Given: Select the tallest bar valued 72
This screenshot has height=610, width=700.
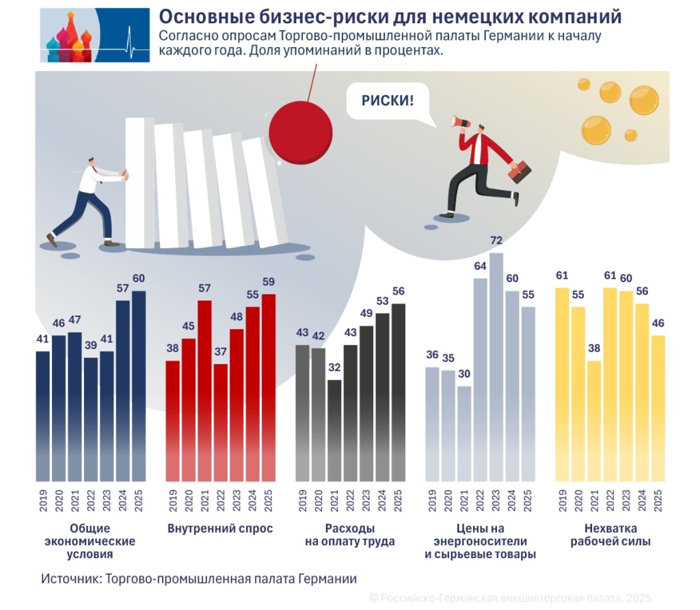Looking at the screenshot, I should click(x=496, y=365).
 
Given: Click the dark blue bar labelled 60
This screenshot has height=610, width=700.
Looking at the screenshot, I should click(x=139, y=386).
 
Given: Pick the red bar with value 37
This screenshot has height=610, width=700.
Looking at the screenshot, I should click(x=220, y=421).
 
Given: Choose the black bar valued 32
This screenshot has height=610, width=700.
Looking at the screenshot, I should click(x=334, y=430).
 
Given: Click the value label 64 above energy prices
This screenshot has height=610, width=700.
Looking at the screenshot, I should click(x=480, y=266).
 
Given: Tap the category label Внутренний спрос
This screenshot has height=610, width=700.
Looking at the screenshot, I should click(x=220, y=529).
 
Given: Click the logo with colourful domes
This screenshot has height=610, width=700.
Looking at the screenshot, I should click(x=94, y=36).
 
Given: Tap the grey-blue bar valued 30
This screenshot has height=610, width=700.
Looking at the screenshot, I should click(x=464, y=433).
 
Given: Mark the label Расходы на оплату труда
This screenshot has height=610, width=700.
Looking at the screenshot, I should click(x=350, y=535).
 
